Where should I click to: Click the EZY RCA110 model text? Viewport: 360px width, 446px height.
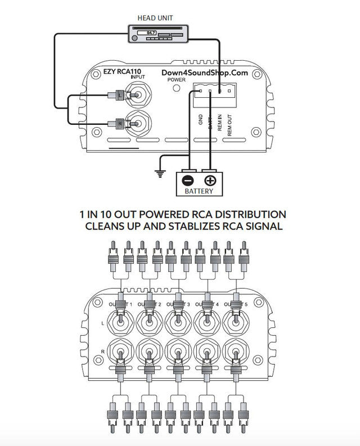pyautogui.click(x=121, y=72)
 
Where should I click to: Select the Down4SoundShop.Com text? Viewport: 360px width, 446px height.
pyautogui.click(x=205, y=73)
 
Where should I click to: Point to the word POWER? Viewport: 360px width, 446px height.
pyautogui.click(x=176, y=80)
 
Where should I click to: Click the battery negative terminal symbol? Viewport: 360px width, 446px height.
pyautogui.click(x=188, y=181)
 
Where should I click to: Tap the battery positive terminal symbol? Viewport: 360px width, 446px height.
pyautogui.click(x=210, y=181)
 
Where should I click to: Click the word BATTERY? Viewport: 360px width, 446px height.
pyautogui.click(x=199, y=191)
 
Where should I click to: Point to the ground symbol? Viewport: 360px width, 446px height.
pyautogui.click(x=161, y=174)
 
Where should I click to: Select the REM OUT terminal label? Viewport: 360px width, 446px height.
pyautogui.click(x=229, y=123)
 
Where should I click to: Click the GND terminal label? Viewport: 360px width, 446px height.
pyautogui.click(x=201, y=121)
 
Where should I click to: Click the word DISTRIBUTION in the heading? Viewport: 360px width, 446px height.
pyautogui.click(x=242, y=214)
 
